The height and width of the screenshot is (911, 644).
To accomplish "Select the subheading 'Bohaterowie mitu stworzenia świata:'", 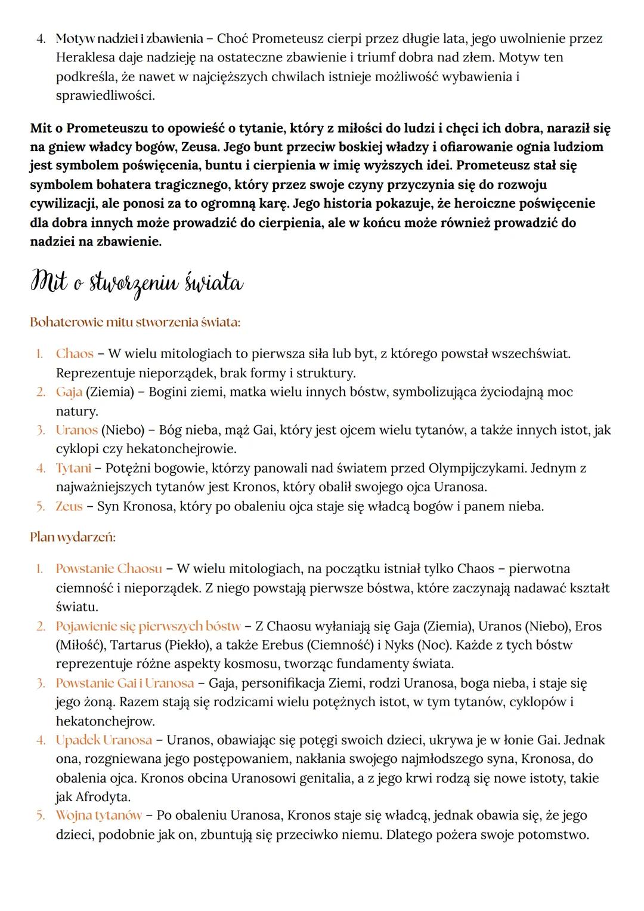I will coord(135,322).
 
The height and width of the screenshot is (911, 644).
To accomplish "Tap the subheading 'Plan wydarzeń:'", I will coord(73,537).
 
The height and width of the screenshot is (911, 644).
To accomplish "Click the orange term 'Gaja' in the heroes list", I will coord(69,392).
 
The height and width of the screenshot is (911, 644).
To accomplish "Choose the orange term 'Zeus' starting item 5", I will coord(69,507).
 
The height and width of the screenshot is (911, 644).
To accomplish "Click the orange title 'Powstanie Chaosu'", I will coord(109,568).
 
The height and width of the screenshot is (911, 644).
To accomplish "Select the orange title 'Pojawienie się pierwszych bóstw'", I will coord(148,626).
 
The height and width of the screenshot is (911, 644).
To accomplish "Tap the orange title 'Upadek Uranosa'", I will coord(104,740).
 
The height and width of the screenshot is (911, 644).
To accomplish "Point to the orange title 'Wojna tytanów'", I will coord(99,815).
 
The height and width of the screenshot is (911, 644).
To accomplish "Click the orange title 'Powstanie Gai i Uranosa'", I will coord(125,683).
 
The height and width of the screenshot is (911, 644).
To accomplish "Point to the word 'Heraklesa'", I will coord(83,58).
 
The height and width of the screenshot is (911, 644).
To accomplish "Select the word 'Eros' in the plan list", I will coord(587,626).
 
